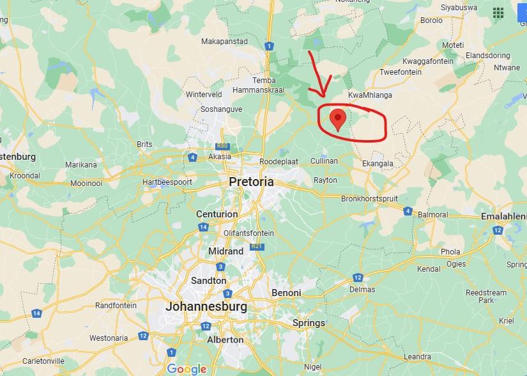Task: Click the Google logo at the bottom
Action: pyautogui.click(x=187, y=369)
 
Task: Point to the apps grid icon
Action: pyautogui.click(x=498, y=12)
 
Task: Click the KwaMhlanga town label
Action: pyautogui.click(x=370, y=95)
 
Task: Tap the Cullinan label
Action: pyautogui.click(x=325, y=161)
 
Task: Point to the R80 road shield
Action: pyautogui.click(x=223, y=146)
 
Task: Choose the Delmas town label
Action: pyautogui.click(x=363, y=289)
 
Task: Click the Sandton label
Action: pyautogui.click(x=209, y=281)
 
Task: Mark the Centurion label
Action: pyautogui.click(x=217, y=214)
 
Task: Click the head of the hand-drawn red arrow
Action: pyautogui.click(x=323, y=95)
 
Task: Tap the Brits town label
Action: pyautogui.click(x=145, y=144)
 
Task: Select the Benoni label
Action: pyautogui.click(x=286, y=293)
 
